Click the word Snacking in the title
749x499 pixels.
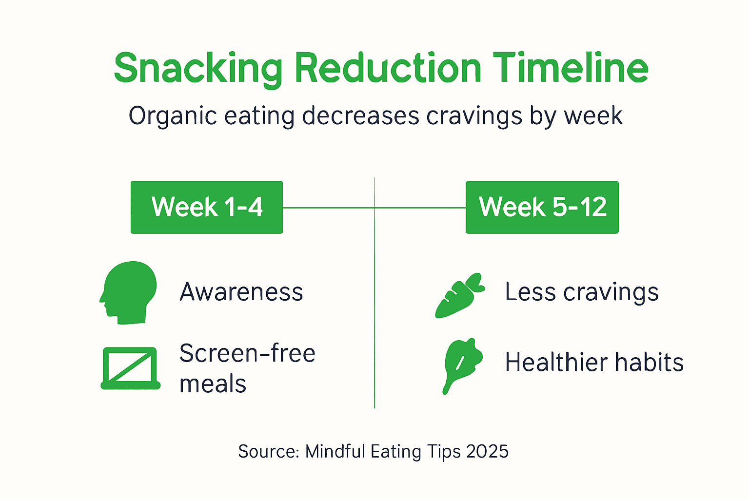pyautogui.click(x=198, y=69)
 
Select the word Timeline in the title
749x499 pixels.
pyautogui.click(x=570, y=68)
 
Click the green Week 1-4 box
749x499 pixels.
pyautogui.click(x=207, y=207)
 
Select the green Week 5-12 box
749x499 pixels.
pyautogui.click(x=542, y=207)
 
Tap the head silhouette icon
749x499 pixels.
pyautogui.click(x=128, y=292)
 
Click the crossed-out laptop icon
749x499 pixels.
pyautogui.click(x=130, y=368)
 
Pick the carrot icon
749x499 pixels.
pyautogui.click(x=459, y=296)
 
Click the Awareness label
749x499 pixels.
pyautogui.click(x=241, y=292)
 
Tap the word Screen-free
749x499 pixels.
pyautogui.click(x=247, y=353)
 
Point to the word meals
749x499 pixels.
pyautogui.click(x=213, y=384)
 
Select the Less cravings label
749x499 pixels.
pyautogui.click(x=582, y=292)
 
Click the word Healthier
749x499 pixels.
pyautogui.click(x=556, y=363)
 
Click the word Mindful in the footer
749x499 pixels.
pyautogui.click(x=335, y=451)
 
